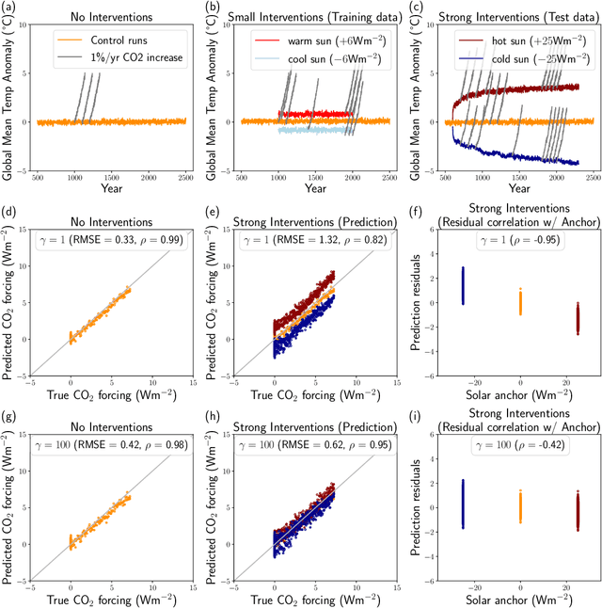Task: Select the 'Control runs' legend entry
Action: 109,42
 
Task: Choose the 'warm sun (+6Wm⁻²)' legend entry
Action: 314,42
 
